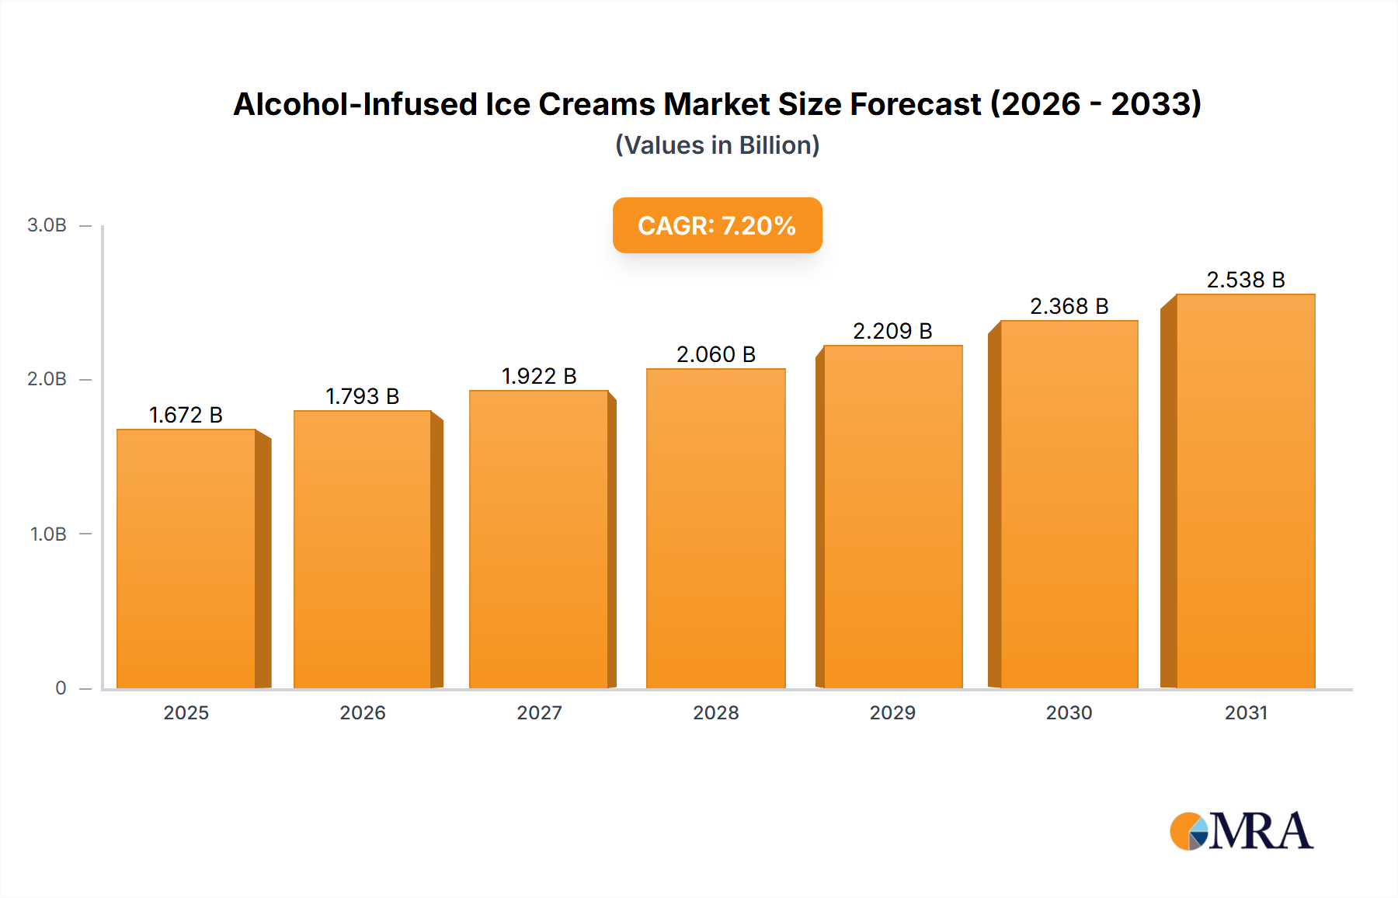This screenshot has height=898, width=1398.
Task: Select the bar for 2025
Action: coord(186,559)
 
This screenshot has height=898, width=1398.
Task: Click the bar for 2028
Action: coord(716,528)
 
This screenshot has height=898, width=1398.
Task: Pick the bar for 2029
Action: coord(893,517)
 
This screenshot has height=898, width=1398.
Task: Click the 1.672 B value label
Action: coord(186,415)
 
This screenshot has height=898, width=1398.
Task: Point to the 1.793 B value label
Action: coord(362,396)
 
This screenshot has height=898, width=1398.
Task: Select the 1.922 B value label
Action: coord(539,376)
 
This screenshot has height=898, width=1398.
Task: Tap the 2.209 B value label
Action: coord(892,331)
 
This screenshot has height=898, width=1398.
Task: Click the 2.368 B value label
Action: coord(1069,306)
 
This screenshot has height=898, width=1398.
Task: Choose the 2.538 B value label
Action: coord(1245,280)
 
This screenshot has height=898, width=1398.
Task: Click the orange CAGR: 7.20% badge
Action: coord(717,225)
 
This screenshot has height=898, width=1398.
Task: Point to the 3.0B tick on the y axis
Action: coord(47,225)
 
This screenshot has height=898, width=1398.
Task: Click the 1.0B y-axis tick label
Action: coord(48,534)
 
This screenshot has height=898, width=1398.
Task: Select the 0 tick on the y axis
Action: coord(61,688)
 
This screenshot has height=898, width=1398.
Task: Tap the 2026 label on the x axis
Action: coord(363,712)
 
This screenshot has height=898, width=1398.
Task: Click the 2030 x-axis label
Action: coord(1069,712)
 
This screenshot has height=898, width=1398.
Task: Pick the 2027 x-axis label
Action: coord(539,712)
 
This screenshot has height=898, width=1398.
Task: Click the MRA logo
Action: coord(1241,831)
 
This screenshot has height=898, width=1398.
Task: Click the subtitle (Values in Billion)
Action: coord(717,145)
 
